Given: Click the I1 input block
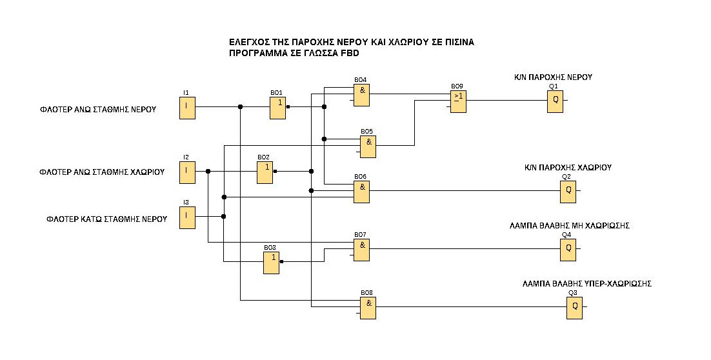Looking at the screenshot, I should pos(187,108).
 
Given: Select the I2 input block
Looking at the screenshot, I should pos(186,172).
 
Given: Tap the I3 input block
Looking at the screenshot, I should pos(186,217).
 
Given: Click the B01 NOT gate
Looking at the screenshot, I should pos(278,108).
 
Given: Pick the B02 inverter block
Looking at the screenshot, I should pos(265,172).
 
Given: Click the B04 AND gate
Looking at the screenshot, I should pos(361,95).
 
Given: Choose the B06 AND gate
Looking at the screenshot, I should pos(361,192).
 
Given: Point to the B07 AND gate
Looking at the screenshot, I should pos(361,250).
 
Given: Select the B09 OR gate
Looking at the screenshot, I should pos(458,101).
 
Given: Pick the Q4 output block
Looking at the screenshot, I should pos(568,250).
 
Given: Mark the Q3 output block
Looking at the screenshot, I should pos(574,308).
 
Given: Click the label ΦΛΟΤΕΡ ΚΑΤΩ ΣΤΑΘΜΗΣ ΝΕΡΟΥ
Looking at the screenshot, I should pos(106,219).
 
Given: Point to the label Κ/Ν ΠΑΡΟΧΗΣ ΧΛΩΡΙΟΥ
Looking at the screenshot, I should pos(568,168).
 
